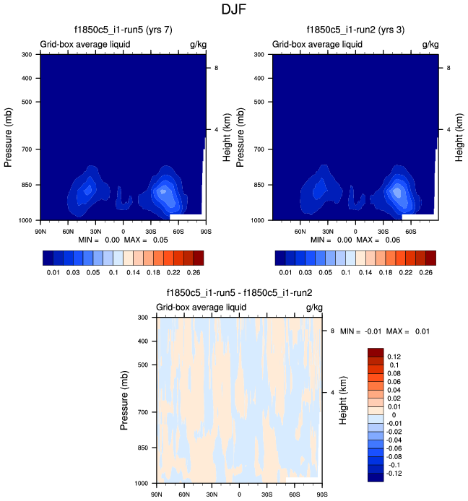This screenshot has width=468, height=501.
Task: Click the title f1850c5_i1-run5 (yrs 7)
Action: (x=123, y=30)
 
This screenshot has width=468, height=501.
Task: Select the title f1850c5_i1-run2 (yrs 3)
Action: (x=356, y=30)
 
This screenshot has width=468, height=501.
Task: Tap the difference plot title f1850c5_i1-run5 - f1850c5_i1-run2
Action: (x=239, y=293)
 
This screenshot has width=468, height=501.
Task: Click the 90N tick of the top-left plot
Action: (x=40, y=231)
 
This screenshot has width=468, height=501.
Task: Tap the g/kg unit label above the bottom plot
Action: (x=313, y=307)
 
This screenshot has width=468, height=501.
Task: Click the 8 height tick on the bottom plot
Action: (x=333, y=331)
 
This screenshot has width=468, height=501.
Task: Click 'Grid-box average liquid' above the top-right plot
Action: (x=317, y=45)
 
